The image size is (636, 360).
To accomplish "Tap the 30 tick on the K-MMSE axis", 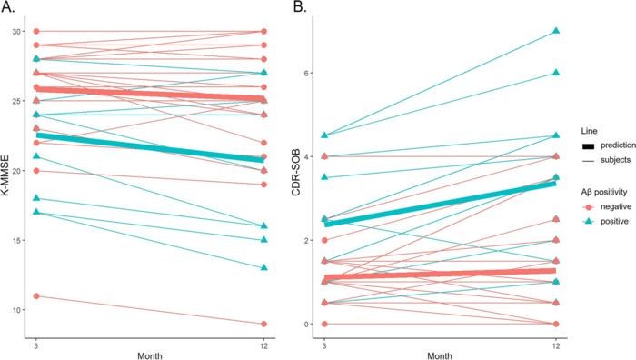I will coord(26,31).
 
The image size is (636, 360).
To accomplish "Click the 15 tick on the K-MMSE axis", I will coord(26,240).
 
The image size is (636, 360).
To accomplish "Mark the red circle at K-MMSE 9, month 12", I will coord(263,324).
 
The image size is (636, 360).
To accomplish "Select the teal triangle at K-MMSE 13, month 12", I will coord(263,267).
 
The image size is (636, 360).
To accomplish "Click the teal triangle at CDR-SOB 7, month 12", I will coord(555,31).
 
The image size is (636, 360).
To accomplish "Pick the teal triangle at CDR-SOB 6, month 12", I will coord(555,73).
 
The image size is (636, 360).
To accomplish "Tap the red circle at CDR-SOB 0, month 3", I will coord(324,324).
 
